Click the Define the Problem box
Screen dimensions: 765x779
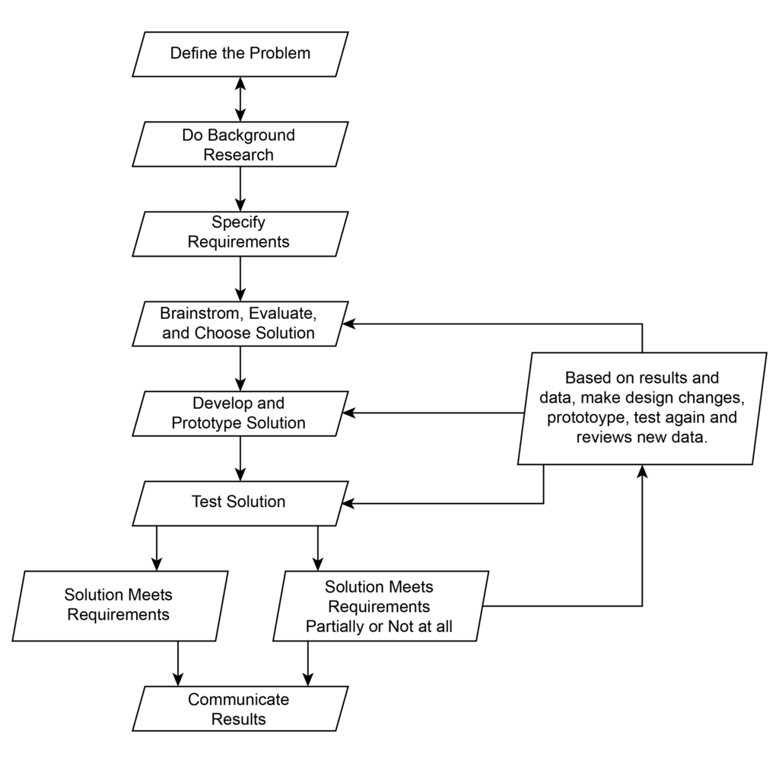(x=240, y=54)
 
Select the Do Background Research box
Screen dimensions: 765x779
(x=240, y=144)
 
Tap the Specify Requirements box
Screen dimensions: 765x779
(x=240, y=234)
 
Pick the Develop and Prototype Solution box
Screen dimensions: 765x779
(x=240, y=413)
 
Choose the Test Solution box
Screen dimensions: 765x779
(x=240, y=502)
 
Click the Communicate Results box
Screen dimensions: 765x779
(x=240, y=708)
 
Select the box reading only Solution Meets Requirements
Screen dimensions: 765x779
(x=119, y=605)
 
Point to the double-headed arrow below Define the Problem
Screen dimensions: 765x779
(x=240, y=99)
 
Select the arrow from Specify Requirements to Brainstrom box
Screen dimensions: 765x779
(x=240, y=279)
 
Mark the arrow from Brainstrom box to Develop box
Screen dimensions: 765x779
(x=240, y=368)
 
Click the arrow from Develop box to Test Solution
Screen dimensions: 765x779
(x=240, y=458)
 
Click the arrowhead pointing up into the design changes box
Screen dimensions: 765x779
(x=643, y=472)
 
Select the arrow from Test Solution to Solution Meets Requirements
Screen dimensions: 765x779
(x=156, y=548)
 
